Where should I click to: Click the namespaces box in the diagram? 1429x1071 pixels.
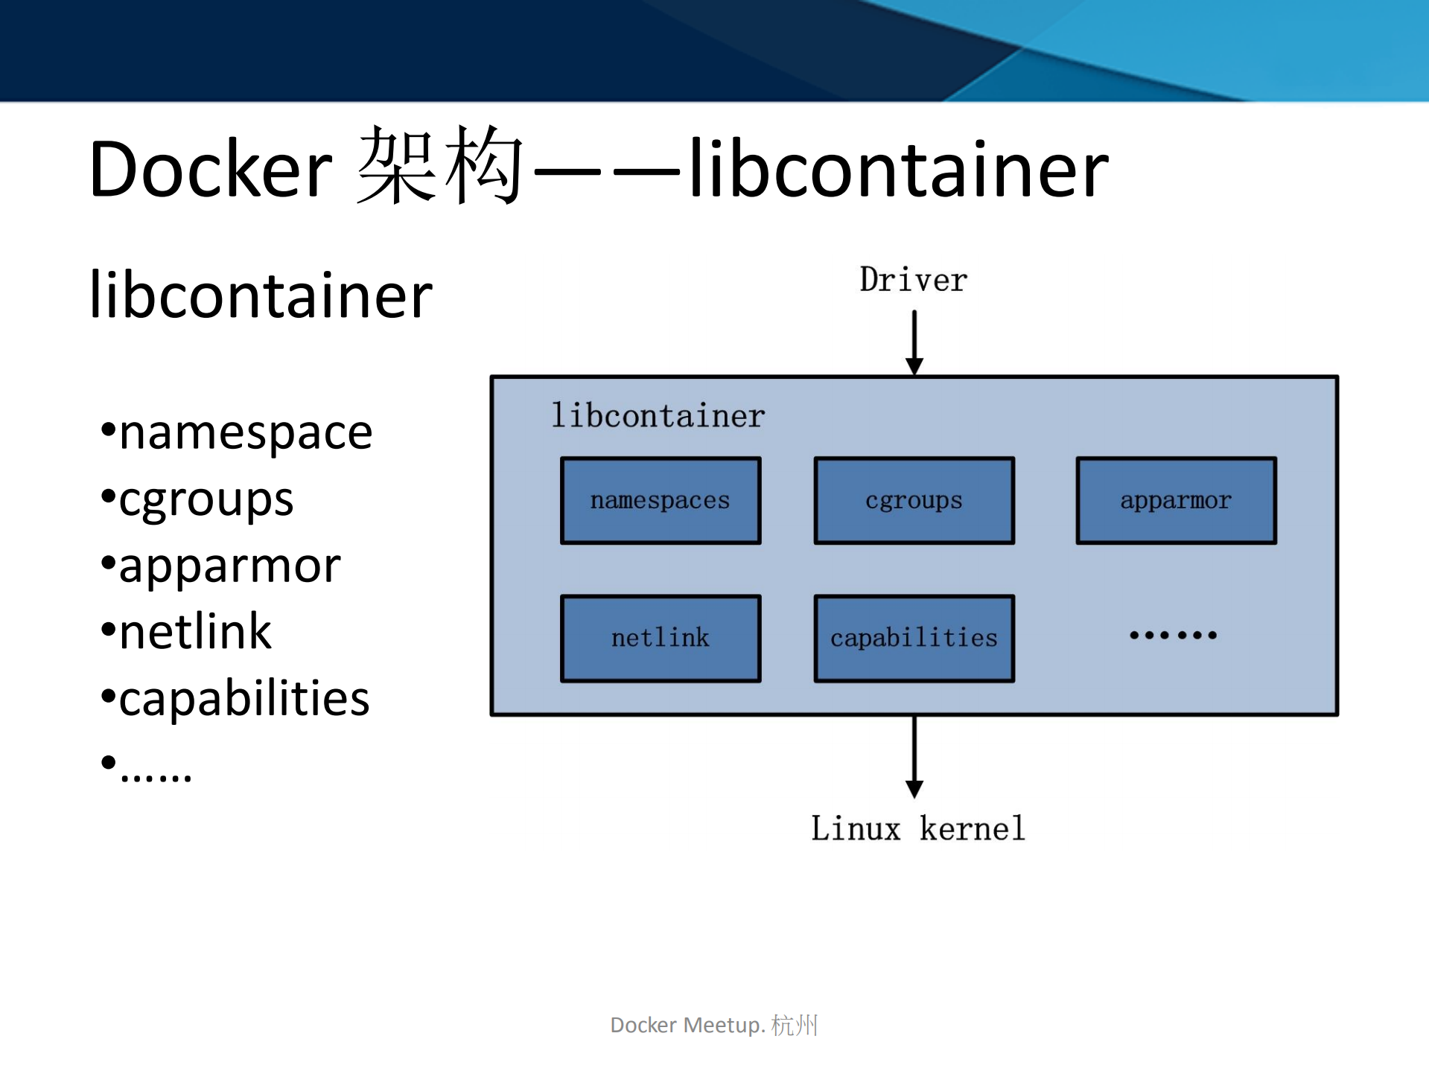(x=661, y=500)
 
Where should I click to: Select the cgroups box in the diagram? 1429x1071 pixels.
(x=914, y=500)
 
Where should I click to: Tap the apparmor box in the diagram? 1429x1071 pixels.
(x=1176, y=500)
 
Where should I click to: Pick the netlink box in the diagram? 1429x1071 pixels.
(x=661, y=638)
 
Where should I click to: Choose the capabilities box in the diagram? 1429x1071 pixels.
(x=914, y=638)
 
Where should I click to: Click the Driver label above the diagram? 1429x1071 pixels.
(x=914, y=281)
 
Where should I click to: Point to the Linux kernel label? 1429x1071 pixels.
(x=917, y=828)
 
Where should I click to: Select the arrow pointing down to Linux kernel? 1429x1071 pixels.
(x=914, y=755)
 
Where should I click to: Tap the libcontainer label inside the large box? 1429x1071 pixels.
(x=658, y=415)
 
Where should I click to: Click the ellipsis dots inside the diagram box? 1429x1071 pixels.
(x=1173, y=635)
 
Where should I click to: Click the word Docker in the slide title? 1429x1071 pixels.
(x=210, y=170)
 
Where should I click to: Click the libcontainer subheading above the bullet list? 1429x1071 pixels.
(x=261, y=295)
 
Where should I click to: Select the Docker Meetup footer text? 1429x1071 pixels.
(x=713, y=1025)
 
